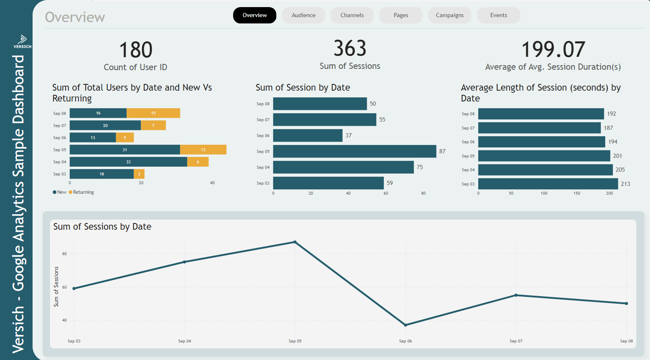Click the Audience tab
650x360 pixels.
303,15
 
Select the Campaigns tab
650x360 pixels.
449,15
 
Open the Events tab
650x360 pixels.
498,15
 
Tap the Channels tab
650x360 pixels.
352,15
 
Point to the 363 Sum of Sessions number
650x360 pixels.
350,48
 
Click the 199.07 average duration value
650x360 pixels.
553,50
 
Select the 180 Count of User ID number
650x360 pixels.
136,50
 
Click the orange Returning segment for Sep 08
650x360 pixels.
153,113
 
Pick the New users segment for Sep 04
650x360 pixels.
128,162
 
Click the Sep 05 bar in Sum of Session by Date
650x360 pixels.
354,151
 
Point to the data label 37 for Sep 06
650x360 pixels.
348,135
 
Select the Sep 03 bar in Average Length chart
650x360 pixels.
548,184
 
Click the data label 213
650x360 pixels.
625,184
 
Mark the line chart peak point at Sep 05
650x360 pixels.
295,242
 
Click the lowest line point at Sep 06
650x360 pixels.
405,325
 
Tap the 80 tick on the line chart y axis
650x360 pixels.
64,254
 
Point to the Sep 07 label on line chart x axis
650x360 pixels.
516,341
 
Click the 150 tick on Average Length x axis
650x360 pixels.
576,193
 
